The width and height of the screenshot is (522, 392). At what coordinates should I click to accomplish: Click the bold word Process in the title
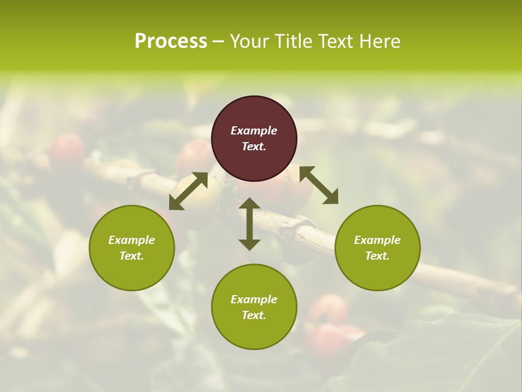pyautogui.click(x=171, y=41)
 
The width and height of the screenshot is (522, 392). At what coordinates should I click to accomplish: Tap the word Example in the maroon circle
pyautogui.click(x=254, y=131)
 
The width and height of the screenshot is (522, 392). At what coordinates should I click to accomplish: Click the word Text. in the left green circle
pyautogui.click(x=132, y=256)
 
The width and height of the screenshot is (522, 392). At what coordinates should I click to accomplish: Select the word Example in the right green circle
pyautogui.click(x=377, y=240)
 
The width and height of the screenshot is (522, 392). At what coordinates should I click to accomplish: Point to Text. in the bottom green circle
pyautogui.click(x=254, y=315)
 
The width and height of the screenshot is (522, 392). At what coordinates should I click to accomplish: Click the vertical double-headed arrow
pyautogui.click(x=250, y=224)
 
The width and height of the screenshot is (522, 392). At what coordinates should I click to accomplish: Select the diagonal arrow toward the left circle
pyautogui.click(x=188, y=191)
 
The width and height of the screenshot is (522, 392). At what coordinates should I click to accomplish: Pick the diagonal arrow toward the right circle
pyautogui.click(x=319, y=185)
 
